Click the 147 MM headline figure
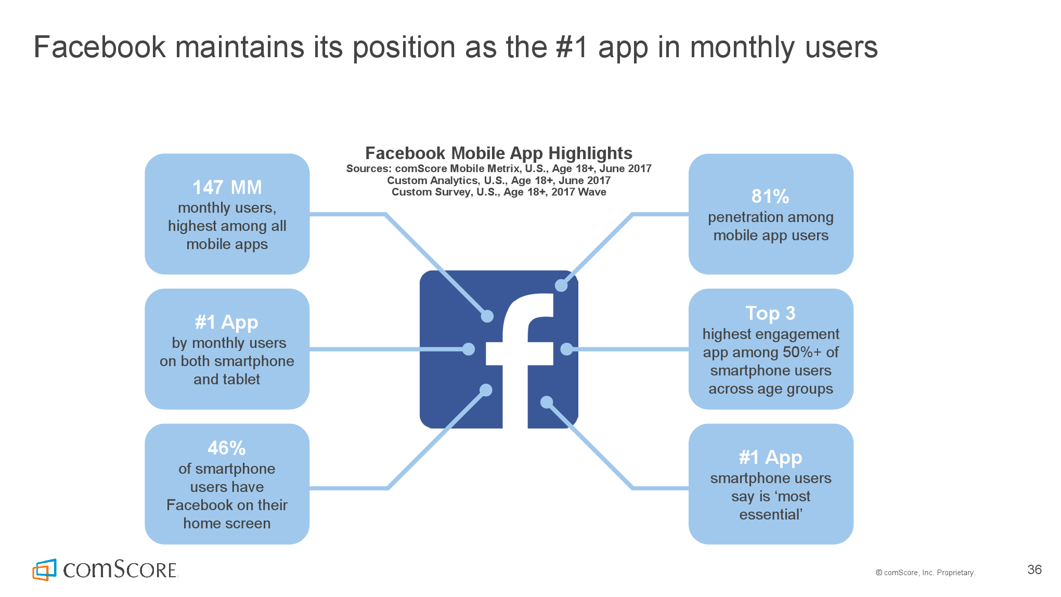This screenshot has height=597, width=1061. (x=227, y=187)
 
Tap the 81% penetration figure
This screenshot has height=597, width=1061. (x=770, y=197)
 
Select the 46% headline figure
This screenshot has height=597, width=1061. (x=227, y=448)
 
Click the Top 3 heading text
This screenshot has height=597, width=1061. (x=770, y=313)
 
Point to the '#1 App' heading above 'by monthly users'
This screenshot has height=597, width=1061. (x=227, y=322)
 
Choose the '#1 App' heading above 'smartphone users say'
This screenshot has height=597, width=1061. (x=770, y=458)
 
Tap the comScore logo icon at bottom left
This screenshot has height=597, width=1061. (x=44, y=570)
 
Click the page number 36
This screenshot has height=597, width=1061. (x=1034, y=570)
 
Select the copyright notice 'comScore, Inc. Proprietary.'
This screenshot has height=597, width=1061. (x=929, y=573)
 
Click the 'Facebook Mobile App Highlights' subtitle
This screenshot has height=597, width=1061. (x=499, y=153)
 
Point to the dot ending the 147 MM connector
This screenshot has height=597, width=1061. (x=487, y=316)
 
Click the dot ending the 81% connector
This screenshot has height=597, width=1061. (x=561, y=285)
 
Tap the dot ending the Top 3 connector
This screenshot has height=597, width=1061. (x=567, y=349)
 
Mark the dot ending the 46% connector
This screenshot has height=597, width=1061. (x=486, y=390)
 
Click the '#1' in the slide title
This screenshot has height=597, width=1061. (x=572, y=47)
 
